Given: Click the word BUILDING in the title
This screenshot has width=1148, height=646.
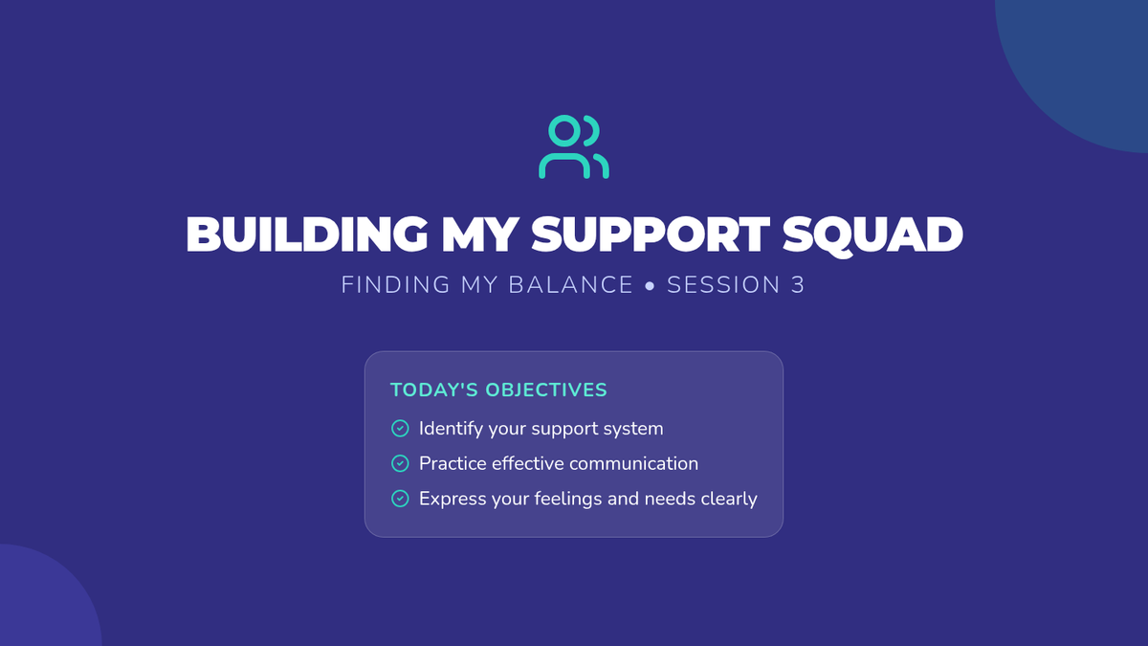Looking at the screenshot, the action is click(x=307, y=234).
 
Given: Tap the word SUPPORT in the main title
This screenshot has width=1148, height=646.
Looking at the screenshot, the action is click(x=651, y=234).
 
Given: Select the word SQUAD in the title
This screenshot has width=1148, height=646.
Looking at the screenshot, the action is click(x=872, y=234).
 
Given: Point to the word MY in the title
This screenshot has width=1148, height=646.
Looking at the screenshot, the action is click(x=480, y=234).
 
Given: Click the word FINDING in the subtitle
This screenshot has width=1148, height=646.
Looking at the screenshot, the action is click(x=396, y=284).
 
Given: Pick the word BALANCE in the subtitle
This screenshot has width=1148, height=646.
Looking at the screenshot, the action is click(x=571, y=284).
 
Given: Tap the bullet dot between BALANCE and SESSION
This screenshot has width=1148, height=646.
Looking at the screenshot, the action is click(x=650, y=285).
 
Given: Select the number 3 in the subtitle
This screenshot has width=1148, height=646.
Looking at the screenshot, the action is click(x=798, y=284).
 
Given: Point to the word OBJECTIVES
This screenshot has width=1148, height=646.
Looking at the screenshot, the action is click(x=546, y=390).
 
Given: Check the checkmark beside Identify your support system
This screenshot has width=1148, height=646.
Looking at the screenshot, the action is click(x=400, y=428).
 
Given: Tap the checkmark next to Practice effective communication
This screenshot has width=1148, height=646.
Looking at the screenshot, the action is click(x=400, y=463).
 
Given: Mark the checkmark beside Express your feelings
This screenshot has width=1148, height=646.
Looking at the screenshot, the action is click(x=400, y=499).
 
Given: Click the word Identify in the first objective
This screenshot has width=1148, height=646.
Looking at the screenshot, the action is click(x=451, y=429).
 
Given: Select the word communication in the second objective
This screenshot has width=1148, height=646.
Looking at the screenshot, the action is click(x=634, y=463).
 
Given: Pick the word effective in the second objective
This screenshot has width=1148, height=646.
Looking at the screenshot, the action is click(x=528, y=463).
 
